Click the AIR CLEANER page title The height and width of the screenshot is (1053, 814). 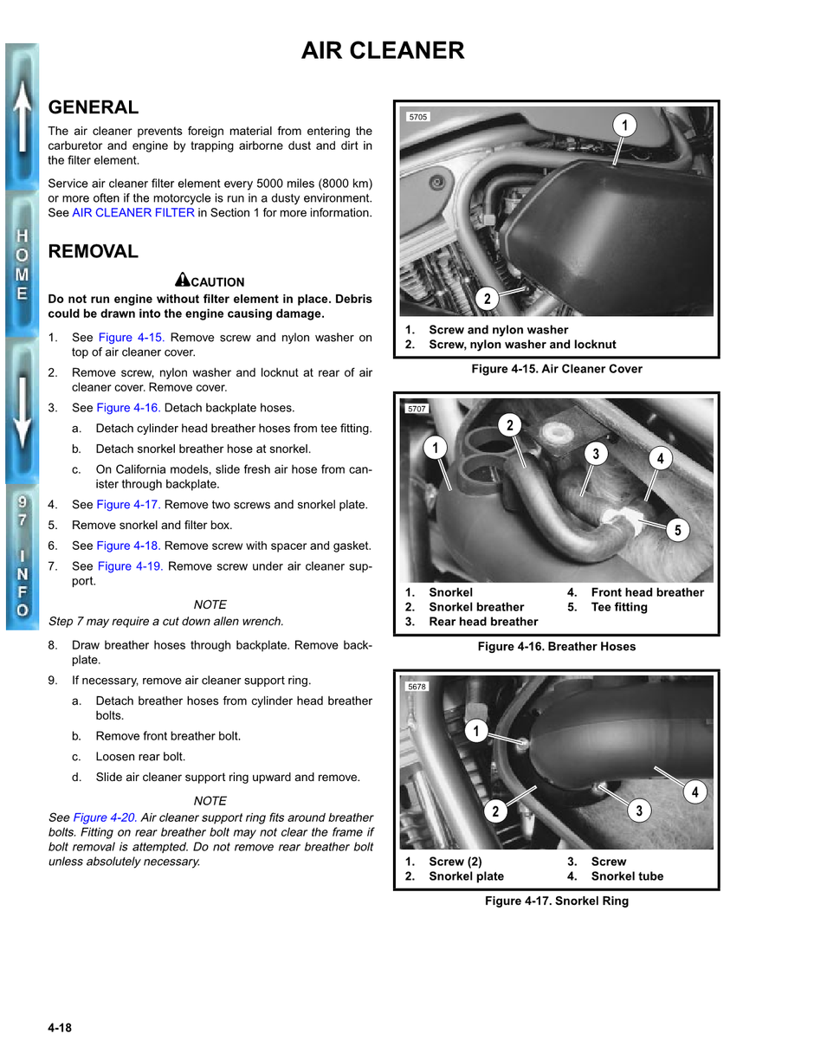(x=383, y=51)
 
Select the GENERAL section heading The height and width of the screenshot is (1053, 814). (x=94, y=107)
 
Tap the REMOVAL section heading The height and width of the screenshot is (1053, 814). (x=94, y=252)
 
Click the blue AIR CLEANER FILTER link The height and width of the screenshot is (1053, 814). (x=133, y=213)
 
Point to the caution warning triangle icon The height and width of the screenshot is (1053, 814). (x=183, y=280)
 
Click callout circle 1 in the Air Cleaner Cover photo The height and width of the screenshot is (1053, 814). (x=623, y=126)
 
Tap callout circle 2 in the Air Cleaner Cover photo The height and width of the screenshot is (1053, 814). (x=488, y=299)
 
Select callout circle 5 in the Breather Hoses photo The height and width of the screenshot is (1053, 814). (x=677, y=531)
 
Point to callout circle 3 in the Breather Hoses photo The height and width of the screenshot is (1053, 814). (x=595, y=454)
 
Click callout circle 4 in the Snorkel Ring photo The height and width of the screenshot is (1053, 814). (x=694, y=791)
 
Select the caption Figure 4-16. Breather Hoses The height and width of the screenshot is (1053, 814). (x=556, y=647)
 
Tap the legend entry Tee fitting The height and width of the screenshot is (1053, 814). (x=618, y=607)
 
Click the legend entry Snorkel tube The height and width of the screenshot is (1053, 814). (x=627, y=876)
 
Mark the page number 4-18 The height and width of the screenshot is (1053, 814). (x=60, y=1028)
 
